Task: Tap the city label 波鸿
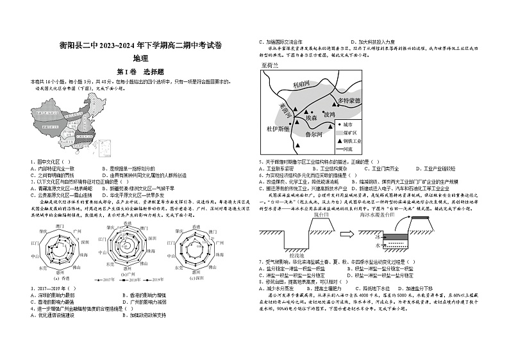tap(328, 114)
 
